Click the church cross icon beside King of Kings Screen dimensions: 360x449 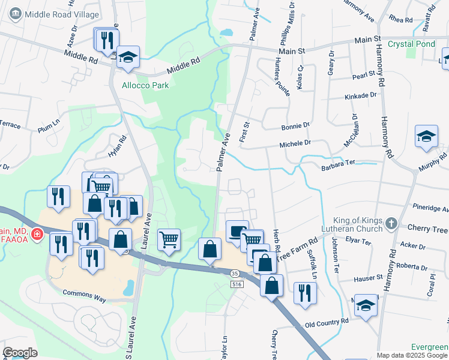pos(391,224)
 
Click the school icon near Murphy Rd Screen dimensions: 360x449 pos(426,136)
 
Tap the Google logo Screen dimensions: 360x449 pos(20,352)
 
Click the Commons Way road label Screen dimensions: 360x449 pos(84,292)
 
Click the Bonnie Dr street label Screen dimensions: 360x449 pos(295,125)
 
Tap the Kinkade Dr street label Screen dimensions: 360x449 pos(360,95)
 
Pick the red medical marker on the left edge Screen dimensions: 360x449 pos(37,233)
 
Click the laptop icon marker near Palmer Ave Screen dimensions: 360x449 pos(237,231)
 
